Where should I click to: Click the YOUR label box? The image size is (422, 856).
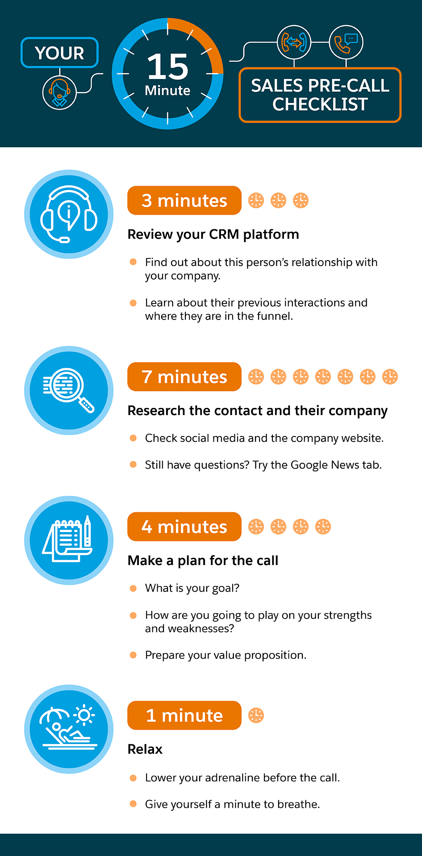(59, 53)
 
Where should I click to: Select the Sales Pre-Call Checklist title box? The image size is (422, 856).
(320, 95)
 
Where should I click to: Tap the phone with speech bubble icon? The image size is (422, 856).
(346, 42)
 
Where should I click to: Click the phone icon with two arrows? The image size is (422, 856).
(294, 42)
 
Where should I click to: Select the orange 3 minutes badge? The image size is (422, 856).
(184, 200)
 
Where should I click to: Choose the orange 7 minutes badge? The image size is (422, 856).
(184, 377)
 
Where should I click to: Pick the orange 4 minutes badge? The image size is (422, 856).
(184, 527)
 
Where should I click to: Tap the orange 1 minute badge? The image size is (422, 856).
(184, 715)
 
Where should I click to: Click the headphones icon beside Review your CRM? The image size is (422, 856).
(69, 214)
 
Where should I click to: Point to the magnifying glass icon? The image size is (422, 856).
(69, 391)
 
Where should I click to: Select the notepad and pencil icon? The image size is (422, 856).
(69, 540)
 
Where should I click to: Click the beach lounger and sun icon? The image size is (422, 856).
(69, 729)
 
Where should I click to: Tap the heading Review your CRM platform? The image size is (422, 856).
(213, 234)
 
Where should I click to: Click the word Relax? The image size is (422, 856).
(145, 749)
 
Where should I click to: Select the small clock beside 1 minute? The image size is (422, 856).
(256, 715)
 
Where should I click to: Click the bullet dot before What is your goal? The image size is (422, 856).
(133, 588)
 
